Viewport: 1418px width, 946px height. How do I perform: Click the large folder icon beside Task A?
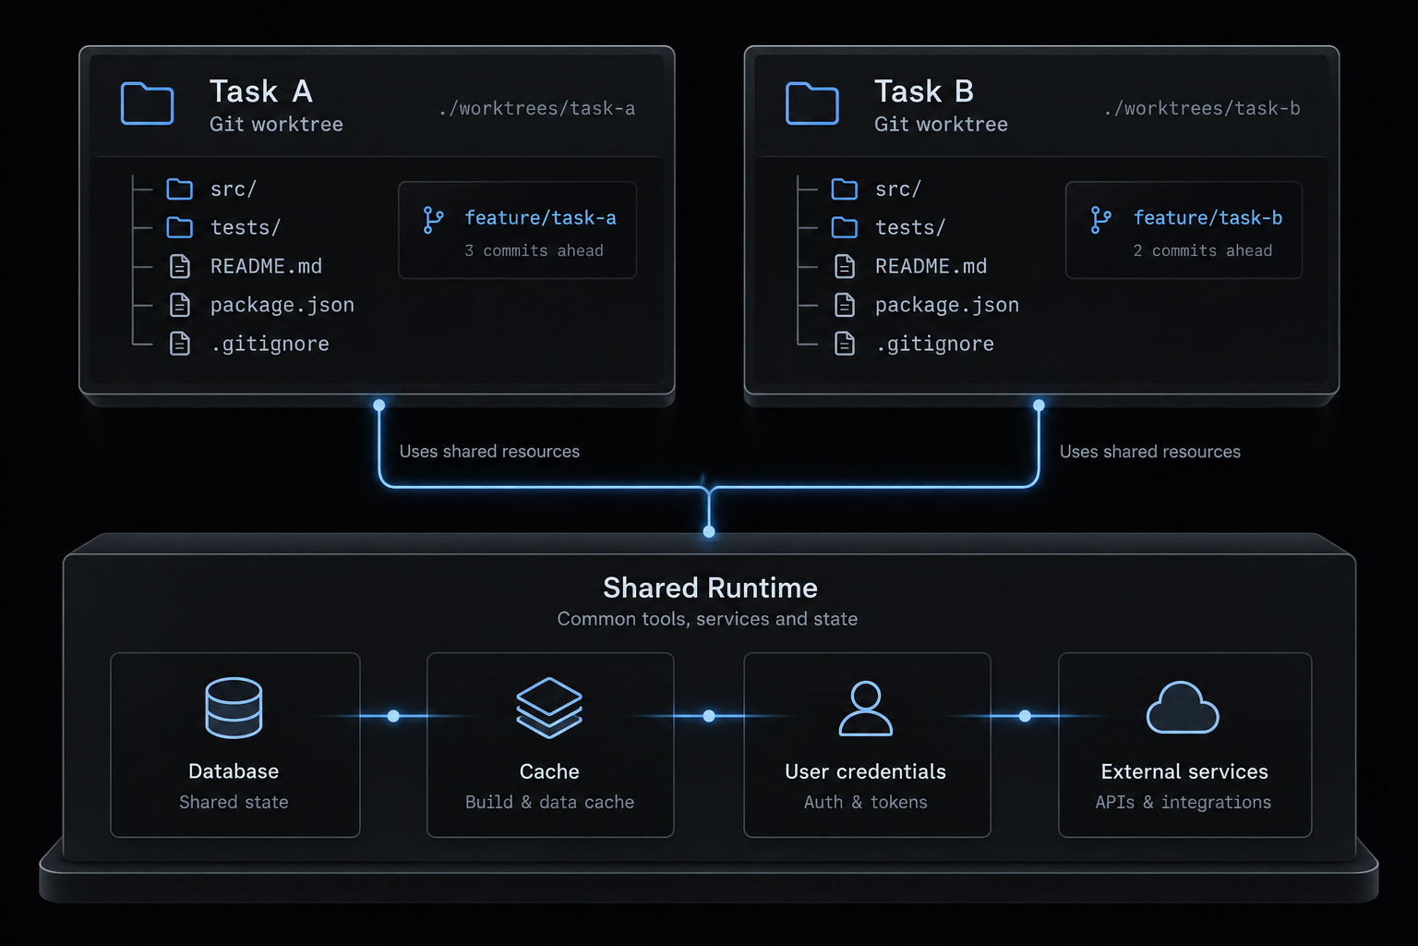point(147,103)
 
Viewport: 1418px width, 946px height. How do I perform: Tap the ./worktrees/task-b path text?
point(1201,108)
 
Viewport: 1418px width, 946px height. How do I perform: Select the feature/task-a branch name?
point(540,218)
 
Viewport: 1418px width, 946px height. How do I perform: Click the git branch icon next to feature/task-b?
point(1100,220)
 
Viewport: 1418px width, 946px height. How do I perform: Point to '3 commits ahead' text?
point(534,251)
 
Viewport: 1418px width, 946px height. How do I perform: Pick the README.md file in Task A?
point(266,266)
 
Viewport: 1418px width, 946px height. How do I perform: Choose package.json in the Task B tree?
point(947,306)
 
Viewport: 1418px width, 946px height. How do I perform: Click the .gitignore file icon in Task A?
point(180,344)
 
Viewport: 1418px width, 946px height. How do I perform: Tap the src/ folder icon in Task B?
point(844,188)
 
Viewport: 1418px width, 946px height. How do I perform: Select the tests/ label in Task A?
point(246,227)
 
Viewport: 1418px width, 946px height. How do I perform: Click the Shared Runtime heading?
point(710,588)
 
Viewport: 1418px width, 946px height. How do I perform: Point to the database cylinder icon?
point(234,708)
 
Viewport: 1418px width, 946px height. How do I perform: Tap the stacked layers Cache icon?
point(549,708)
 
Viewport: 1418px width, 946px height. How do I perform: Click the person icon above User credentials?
point(865,709)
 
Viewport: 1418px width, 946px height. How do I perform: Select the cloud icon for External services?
point(1183,708)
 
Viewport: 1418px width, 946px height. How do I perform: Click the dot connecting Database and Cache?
point(393,716)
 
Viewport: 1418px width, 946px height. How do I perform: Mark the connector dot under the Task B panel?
point(1039,406)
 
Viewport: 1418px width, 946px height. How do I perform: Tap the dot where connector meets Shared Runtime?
point(709,531)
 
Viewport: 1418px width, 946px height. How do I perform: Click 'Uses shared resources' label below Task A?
point(489,451)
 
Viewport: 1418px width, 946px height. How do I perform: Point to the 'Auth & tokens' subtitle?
point(865,802)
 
